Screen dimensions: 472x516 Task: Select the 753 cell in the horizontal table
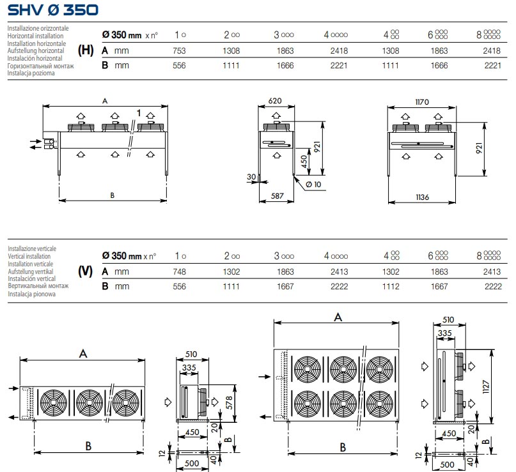point(179,49)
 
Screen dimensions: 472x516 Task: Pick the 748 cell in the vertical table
point(179,271)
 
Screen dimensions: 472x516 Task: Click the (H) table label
point(85,50)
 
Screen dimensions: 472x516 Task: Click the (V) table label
point(85,271)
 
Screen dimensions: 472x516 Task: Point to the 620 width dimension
point(276,100)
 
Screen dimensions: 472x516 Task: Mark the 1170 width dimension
point(421,100)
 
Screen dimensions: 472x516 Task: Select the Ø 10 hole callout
point(313,185)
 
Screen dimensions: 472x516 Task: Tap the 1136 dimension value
point(422,197)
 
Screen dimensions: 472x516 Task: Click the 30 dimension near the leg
point(251,176)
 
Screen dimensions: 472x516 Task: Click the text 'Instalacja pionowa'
point(31,294)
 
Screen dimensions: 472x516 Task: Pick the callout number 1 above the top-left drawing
point(138,113)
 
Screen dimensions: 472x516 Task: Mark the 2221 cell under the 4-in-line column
point(336,65)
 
